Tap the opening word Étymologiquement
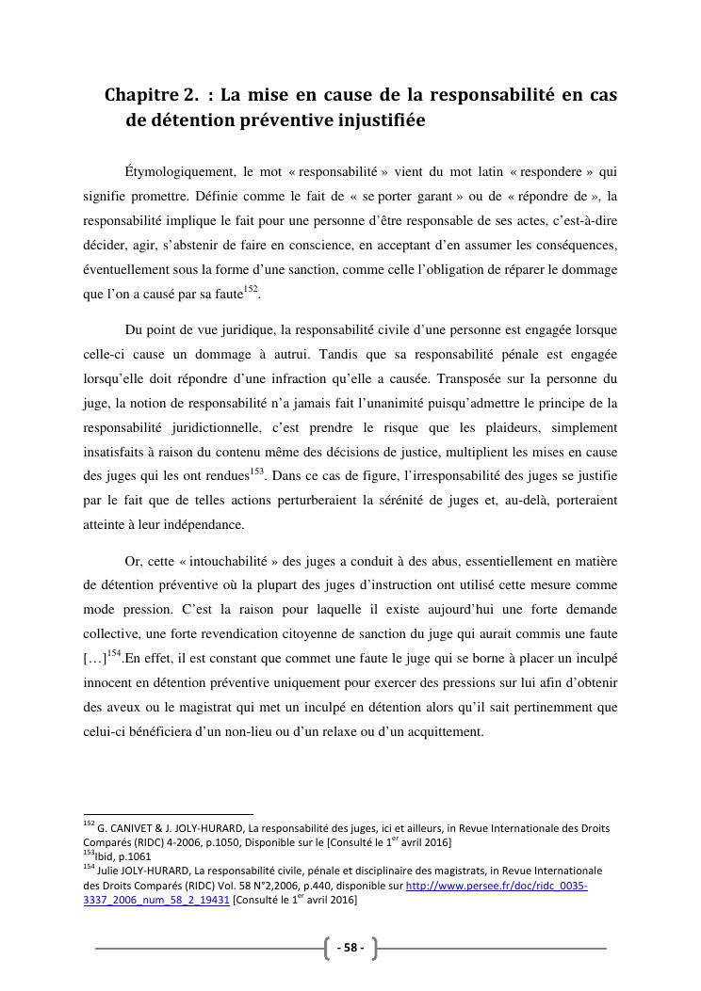point(178,171)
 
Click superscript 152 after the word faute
point(251,289)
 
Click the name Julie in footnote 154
point(112,871)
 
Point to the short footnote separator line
point(169,814)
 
